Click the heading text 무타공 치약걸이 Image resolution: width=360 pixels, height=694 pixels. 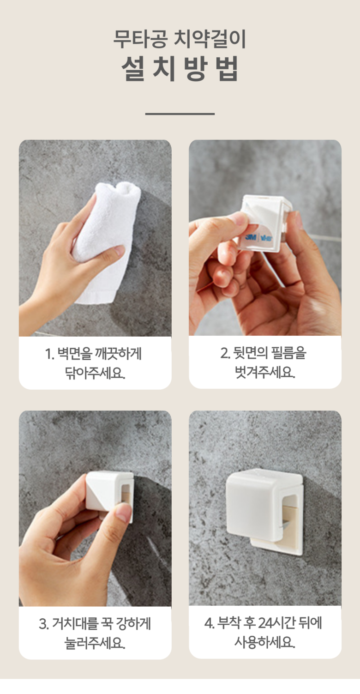coord(180,39)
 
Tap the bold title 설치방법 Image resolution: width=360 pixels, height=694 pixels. coord(180,69)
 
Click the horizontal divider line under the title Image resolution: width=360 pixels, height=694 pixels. coord(180,114)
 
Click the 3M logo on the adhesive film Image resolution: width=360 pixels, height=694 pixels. coord(251,237)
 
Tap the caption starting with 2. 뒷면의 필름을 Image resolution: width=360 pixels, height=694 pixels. coord(264,362)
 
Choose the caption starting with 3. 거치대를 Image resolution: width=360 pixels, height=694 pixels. coord(95,633)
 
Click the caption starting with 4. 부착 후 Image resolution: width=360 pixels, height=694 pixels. coord(264,633)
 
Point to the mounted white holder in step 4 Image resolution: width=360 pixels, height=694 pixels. coord(264,513)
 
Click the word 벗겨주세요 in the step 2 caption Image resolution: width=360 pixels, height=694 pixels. coord(265,372)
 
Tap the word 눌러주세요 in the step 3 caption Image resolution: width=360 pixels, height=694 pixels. coord(95,643)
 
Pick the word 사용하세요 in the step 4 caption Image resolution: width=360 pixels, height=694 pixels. coord(264,642)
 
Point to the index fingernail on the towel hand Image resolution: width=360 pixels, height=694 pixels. coord(119,250)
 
